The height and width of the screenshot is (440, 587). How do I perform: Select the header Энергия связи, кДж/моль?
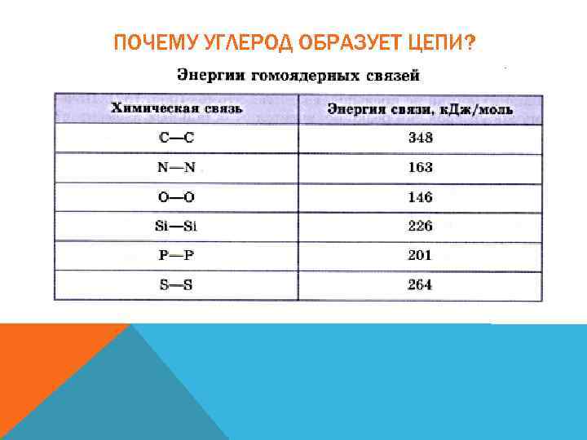[420, 109]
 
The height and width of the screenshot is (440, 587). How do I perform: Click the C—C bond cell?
[176, 138]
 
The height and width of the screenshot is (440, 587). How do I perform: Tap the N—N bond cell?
[176, 168]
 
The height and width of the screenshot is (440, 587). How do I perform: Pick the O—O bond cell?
[176, 197]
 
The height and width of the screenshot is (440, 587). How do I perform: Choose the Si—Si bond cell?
[176, 226]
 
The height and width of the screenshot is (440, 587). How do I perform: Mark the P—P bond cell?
[176, 255]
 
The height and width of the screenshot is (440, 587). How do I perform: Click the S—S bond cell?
[176, 285]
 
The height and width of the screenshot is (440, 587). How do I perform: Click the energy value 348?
[421, 138]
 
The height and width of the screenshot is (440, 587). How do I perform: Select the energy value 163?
[421, 168]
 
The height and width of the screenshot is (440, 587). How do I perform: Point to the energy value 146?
[421, 197]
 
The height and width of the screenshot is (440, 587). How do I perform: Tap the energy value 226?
[421, 226]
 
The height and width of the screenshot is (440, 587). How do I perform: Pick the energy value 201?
[421, 255]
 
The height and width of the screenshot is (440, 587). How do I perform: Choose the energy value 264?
[421, 285]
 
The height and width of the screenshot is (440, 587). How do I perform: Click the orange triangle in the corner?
[41, 359]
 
